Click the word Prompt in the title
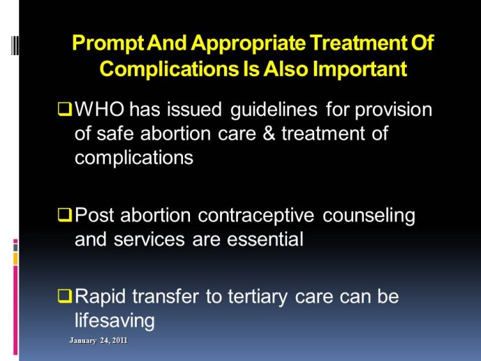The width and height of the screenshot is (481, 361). (x=108, y=43)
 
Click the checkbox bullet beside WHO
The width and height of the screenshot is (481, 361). (x=65, y=109)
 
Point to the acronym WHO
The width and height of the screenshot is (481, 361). (x=99, y=109)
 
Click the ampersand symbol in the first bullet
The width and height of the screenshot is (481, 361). (x=269, y=134)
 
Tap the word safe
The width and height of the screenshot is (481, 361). (x=115, y=134)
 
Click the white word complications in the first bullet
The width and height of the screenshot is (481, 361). (x=134, y=159)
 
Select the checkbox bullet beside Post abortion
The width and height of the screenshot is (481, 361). (x=65, y=214)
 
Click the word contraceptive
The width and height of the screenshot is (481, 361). (x=256, y=216)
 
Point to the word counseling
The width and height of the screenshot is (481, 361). (x=369, y=216)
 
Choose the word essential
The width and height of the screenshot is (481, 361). (x=265, y=240)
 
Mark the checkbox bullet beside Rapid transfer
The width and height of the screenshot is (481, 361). (x=65, y=296)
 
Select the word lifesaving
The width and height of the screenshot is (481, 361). (x=114, y=321)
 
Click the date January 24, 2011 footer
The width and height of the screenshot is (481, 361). (x=98, y=341)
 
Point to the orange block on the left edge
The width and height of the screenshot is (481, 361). (x=15, y=259)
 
